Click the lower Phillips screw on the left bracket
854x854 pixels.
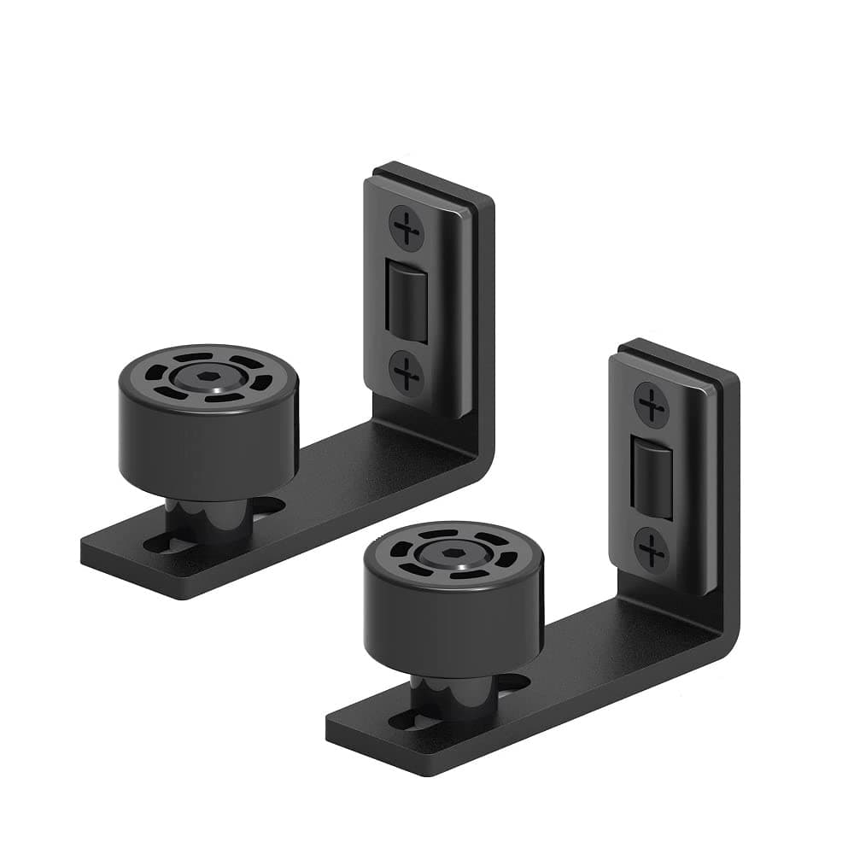pyautogui.click(x=407, y=373)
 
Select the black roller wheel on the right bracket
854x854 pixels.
pyautogui.click(x=453, y=611)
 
